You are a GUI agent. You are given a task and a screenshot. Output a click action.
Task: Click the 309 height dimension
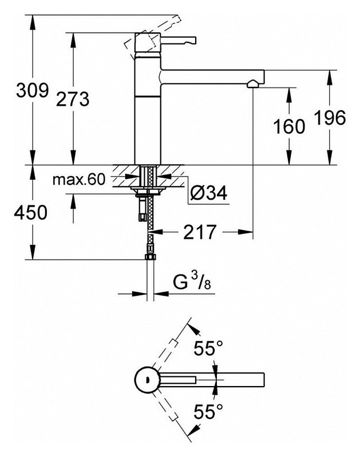click(32, 90)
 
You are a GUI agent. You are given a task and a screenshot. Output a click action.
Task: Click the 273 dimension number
click(73, 99)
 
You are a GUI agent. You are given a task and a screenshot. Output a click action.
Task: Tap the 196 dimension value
click(330, 118)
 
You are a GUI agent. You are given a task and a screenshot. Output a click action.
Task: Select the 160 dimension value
click(289, 126)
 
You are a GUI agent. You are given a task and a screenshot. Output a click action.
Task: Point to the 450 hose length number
click(30, 212)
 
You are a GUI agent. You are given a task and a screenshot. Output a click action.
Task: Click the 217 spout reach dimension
click(200, 232)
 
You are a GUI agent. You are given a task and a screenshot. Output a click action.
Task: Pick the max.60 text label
click(79, 180)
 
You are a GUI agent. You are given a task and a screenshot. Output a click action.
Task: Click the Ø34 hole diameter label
click(209, 193)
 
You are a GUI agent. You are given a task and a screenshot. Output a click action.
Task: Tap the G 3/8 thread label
click(192, 282)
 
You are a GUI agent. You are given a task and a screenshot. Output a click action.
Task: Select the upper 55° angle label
click(208, 348)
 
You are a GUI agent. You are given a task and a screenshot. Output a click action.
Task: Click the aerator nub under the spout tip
click(253, 84)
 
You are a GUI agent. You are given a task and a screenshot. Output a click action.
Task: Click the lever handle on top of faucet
click(179, 41)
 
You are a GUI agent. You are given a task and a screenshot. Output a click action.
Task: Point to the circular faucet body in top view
click(147, 380)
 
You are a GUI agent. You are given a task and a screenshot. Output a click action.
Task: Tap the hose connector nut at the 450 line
click(151, 257)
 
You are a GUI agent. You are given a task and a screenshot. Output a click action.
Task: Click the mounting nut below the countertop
click(148, 191)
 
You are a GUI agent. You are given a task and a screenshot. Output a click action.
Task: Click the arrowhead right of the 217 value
click(245, 232)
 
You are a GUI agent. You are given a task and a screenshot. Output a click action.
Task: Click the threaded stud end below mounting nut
click(142, 217)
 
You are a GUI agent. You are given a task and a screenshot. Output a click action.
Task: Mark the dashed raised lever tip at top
click(177, 20)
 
